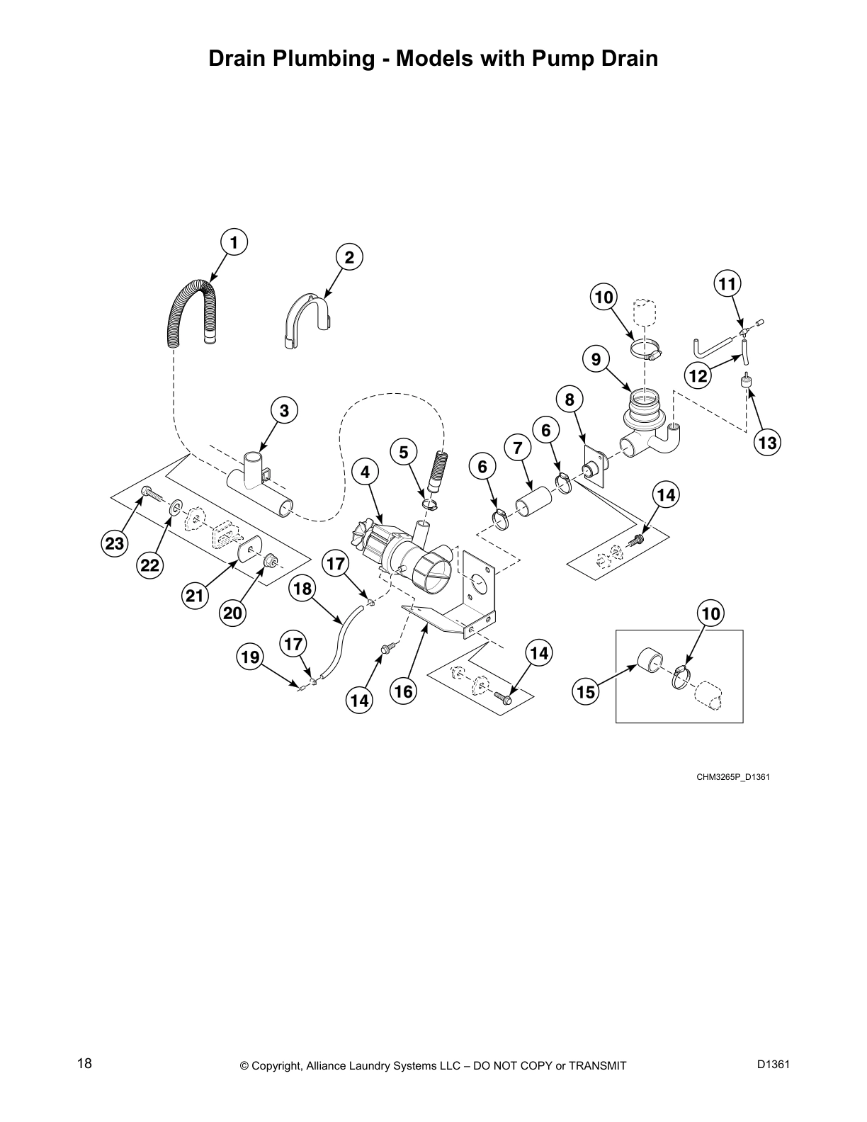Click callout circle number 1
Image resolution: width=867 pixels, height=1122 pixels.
233,242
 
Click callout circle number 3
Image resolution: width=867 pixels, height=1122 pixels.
283,410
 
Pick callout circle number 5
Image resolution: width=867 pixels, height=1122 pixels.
403,452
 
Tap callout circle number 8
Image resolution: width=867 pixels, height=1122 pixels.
569,399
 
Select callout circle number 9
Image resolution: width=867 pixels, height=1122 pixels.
596,360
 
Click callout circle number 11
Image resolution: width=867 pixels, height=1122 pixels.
726,284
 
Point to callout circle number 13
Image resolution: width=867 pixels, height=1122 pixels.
766,443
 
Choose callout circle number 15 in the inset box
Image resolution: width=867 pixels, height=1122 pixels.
586,692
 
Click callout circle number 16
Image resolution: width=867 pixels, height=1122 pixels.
403,691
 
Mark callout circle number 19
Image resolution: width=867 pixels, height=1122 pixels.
249,657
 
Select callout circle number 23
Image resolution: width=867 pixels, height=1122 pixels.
113,544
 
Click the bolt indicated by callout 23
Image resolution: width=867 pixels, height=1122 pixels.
151,492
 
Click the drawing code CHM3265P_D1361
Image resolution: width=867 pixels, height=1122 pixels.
732,777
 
